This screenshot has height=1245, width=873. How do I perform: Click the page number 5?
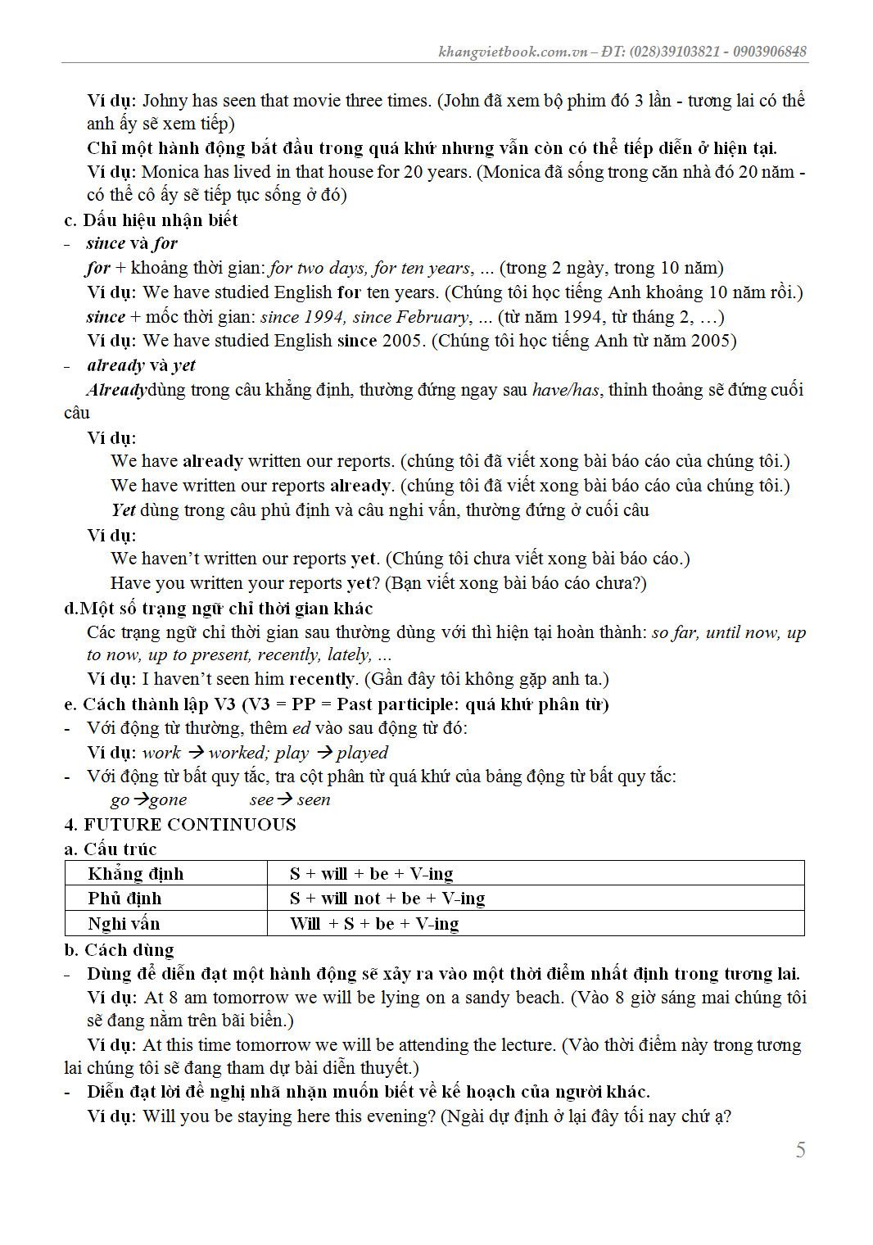point(800,1150)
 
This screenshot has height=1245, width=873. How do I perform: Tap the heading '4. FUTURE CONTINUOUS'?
point(180,824)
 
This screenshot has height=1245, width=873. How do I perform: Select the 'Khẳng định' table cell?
point(136,873)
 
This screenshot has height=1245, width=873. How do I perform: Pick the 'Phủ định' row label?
point(124,899)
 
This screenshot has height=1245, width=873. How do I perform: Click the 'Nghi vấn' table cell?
point(124,924)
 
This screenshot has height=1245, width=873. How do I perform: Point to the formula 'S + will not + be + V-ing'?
point(387,899)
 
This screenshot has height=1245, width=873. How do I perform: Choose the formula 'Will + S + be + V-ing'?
point(374,924)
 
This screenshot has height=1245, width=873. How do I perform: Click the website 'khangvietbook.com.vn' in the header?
point(513,52)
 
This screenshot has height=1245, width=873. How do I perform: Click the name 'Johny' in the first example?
point(165,101)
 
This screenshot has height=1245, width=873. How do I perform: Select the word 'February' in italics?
point(433,317)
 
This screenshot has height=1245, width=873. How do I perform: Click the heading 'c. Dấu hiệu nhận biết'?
point(151,220)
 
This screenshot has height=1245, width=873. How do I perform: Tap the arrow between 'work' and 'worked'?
point(196,752)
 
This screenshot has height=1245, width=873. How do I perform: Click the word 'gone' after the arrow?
point(168,799)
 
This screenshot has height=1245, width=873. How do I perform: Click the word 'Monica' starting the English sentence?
point(170,172)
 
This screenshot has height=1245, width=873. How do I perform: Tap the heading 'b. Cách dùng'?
point(119,949)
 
